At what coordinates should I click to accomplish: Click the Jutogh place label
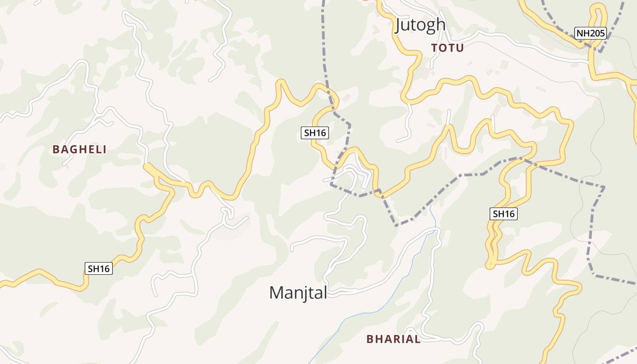tap(420, 25)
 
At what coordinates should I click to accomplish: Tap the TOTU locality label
tap(447, 48)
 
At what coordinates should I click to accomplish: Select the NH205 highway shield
tap(591, 33)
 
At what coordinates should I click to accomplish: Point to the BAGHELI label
tap(80, 149)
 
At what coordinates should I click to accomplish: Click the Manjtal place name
tap(298, 293)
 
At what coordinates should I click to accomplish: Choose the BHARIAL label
tap(394, 339)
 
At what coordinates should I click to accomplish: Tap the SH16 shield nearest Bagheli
tap(98, 268)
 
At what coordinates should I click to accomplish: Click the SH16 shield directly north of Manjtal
tap(314, 133)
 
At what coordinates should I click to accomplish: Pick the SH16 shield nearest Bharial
tap(504, 213)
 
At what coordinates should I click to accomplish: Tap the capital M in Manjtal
tap(277, 293)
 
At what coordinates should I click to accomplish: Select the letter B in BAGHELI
tap(56, 149)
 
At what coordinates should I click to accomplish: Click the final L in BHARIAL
tap(417, 339)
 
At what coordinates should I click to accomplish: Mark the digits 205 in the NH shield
tap(596, 33)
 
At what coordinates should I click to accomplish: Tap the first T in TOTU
tap(435, 48)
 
